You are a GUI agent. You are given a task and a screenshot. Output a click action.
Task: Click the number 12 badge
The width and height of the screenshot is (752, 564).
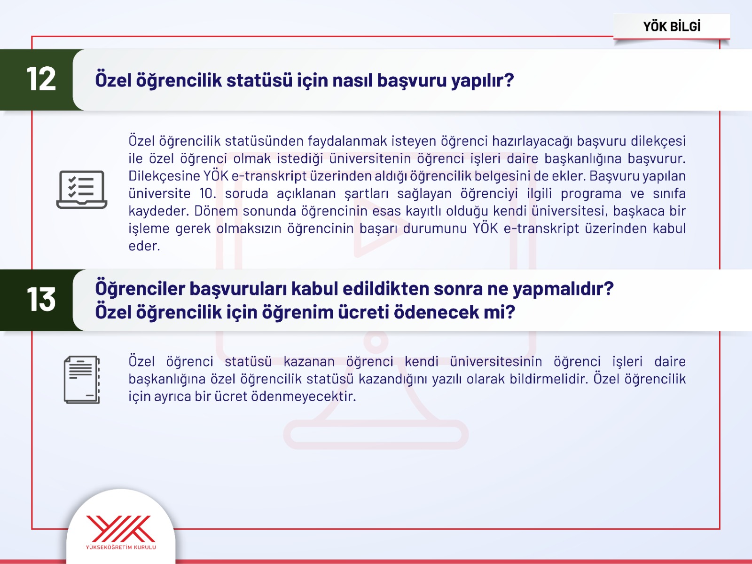pos(41,79)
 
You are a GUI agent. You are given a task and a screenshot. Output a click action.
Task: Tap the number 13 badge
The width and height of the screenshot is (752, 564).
pos(41,299)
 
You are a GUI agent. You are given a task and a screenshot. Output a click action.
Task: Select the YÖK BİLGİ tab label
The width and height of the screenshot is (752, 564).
pos(672,27)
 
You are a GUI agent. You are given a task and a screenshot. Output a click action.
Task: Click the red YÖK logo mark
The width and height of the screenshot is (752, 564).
pos(120,529)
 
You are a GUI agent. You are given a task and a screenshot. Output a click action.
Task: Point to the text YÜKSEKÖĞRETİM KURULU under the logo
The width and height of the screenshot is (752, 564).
pos(121,547)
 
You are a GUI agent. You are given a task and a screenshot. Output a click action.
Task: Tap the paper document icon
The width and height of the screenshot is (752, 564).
pos(82,380)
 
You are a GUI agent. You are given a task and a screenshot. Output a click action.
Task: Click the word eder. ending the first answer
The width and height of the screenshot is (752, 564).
pos(144,246)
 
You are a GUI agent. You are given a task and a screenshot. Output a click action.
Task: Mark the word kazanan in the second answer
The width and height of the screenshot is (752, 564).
pos(309,361)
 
